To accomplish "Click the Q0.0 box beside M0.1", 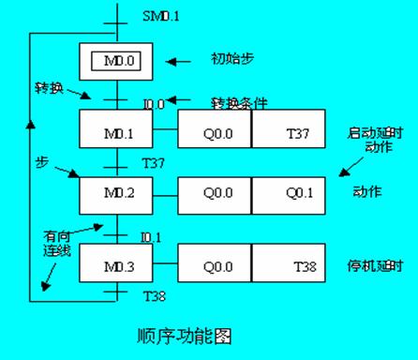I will click(215, 134).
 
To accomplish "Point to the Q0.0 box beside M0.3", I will click(215, 266).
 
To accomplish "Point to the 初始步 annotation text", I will click(231, 59).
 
